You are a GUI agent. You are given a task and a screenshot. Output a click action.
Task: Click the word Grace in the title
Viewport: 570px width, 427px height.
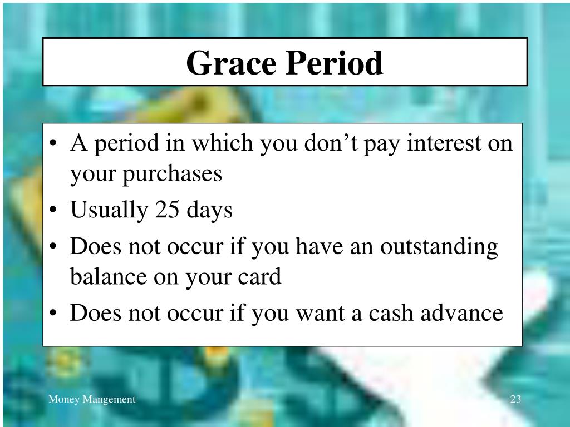(231, 63)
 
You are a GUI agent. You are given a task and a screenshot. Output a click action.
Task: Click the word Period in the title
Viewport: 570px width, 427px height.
(334, 63)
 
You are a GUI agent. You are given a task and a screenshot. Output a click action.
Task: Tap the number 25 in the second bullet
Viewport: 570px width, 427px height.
(167, 210)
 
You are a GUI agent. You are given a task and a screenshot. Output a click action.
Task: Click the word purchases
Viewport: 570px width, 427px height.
(173, 175)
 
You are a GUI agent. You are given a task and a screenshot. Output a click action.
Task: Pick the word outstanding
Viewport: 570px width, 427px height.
(439, 247)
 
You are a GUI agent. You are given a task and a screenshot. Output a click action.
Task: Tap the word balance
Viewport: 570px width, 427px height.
(107, 277)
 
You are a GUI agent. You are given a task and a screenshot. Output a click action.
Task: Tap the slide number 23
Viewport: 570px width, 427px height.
(515, 399)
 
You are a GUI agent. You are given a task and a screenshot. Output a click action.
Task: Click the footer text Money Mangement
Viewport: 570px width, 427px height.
(92, 399)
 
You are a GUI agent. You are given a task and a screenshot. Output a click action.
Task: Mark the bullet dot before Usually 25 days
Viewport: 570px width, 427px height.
(53, 210)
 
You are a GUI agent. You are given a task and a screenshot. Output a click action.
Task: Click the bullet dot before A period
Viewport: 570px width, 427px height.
(53, 143)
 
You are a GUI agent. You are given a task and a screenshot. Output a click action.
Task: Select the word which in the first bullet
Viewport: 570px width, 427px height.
(222, 143)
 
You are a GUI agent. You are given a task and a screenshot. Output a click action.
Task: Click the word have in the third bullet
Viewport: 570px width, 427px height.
(319, 246)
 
